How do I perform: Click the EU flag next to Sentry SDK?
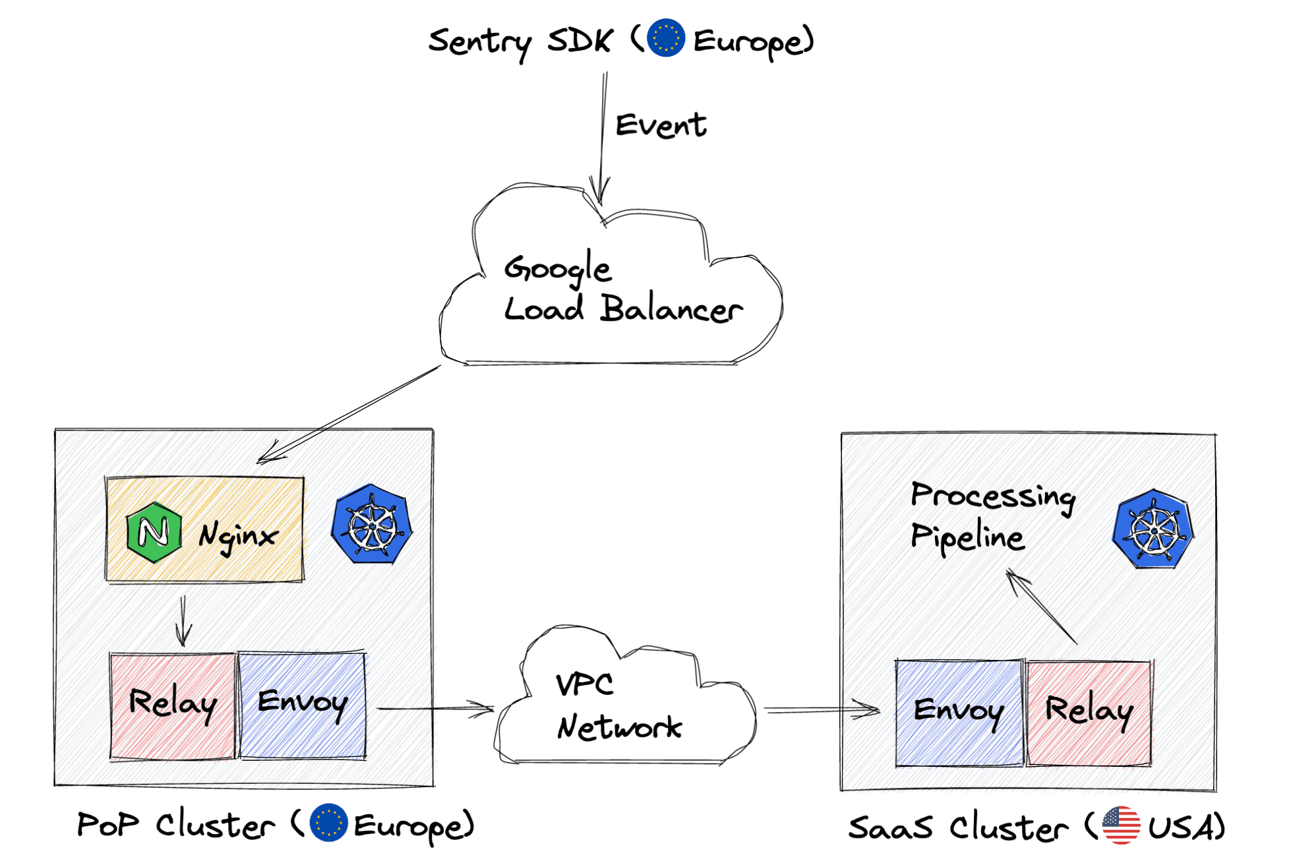pyautogui.click(x=665, y=38)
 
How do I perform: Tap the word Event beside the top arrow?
pyautogui.click(x=660, y=125)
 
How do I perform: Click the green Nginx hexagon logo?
pyautogui.click(x=154, y=531)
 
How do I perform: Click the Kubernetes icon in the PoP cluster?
pyautogui.click(x=372, y=524)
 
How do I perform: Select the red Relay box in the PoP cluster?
pyautogui.click(x=173, y=705)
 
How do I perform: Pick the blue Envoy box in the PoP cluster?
pyautogui.click(x=302, y=705)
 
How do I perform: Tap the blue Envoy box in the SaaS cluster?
pyautogui.click(x=959, y=713)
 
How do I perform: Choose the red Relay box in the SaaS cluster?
pyautogui.click(x=1089, y=713)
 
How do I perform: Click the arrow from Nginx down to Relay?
pyautogui.click(x=183, y=620)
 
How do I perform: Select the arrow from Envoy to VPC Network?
pyautogui.click(x=435, y=709)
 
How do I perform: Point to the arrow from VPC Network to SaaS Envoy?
pyautogui.click(x=821, y=710)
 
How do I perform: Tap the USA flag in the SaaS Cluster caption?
pyautogui.click(x=1120, y=825)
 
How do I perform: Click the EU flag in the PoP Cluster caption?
pyautogui.click(x=328, y=822)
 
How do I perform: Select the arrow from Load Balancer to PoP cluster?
pyautogui.click(x=349, y=413)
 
